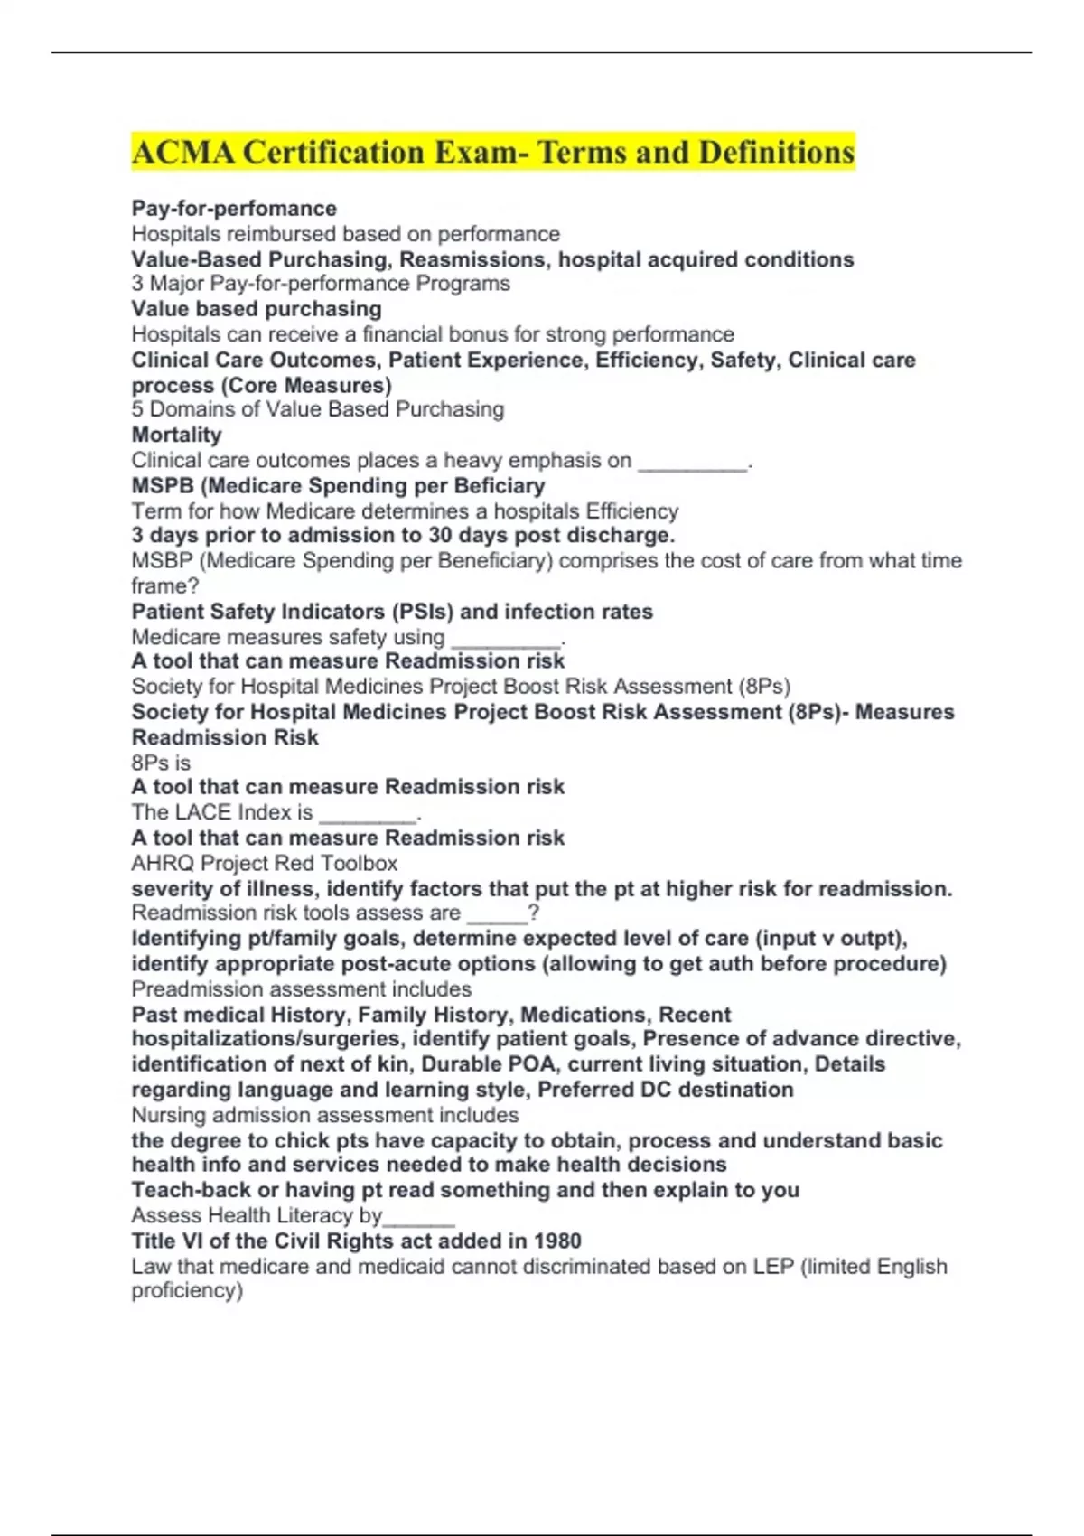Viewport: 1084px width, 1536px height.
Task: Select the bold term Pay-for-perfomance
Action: [x=234, y=209]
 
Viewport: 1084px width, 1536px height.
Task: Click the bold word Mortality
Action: [x=176, y=435]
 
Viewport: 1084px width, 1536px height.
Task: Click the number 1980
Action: [x=557, y=1241]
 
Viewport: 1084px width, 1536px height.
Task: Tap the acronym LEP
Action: [x=773, y=1267]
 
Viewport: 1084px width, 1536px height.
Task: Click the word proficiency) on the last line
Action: [x=187, y=1290]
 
